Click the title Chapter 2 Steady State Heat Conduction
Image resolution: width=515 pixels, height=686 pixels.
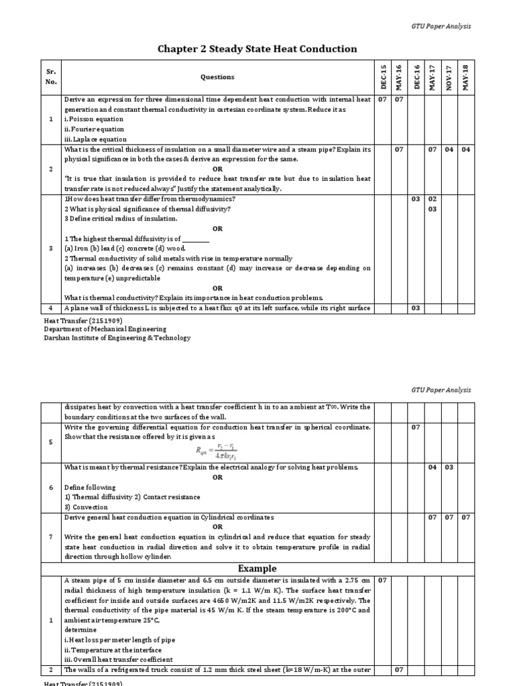click(x=257, y=49)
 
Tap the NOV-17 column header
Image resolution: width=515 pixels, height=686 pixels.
click(x=449, y=77)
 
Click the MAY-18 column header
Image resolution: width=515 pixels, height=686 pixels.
click(x=465, y=77)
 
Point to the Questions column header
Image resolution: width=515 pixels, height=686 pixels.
click(x=217, y=77)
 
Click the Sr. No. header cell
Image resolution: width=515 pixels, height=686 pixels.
click(x=52, y=77)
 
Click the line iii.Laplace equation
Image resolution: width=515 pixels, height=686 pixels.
click(x=95, y=139)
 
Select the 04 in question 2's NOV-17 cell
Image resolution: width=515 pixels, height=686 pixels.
click(x=449, y=149)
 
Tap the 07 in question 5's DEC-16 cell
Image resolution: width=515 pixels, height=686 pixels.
click(x=416, y=427)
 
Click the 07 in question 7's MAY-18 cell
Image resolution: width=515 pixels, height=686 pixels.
click(x=465, y=518)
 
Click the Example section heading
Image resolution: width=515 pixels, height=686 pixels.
click(x=257, y=568)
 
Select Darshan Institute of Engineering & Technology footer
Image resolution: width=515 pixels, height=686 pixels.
click(x=117, y=338)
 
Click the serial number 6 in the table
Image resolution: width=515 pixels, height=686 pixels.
click(x=52, y=487)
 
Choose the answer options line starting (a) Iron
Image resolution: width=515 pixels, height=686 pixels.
click(x=124, y=248)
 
